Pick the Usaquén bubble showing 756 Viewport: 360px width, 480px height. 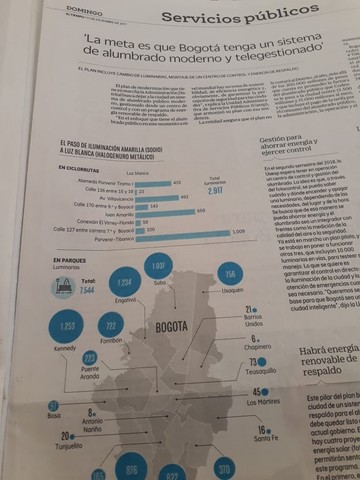[x=230, y=275]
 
